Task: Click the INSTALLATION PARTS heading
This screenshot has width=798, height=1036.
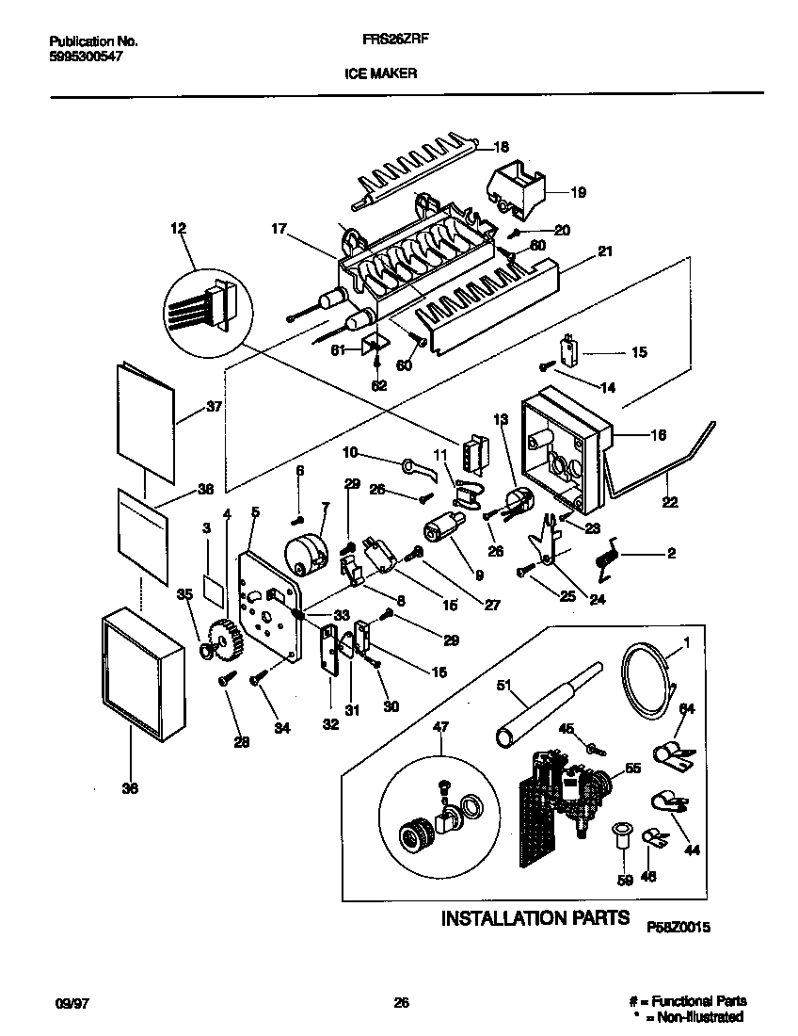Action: tap(535, 917)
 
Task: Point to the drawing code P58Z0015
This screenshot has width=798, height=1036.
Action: tap(678, 927)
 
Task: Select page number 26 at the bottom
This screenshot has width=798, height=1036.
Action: tap(402, 1002)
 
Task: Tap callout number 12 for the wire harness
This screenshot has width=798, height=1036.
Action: tap(179, 228)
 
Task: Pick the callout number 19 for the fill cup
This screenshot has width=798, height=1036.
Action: tap(578, 192)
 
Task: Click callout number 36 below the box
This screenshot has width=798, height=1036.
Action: tap(130, 788)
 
